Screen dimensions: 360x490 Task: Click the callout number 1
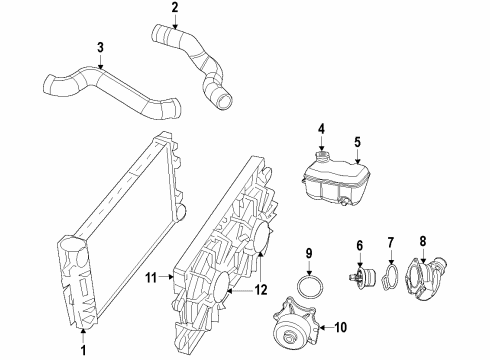(x=83, y=350)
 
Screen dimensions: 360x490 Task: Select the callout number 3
(x=100, y=46)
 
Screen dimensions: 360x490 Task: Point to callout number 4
(x=321, y=128)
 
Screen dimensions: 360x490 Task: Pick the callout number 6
(x=359, y=245)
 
